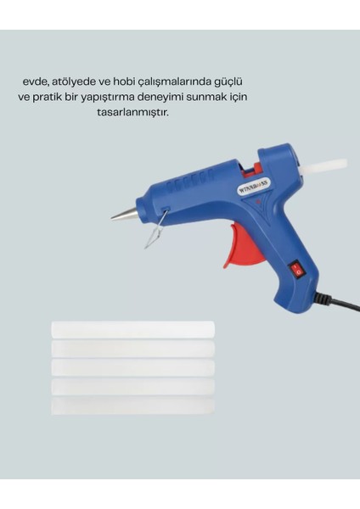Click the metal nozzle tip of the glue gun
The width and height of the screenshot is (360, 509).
pyautogui.click(x=123, y=215)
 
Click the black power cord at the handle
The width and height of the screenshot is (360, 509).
pyautogui.click(x=338, y=301)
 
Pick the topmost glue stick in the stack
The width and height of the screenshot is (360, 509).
pyautogui.click(x=133, y=329)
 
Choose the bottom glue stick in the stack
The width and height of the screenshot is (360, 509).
pyautogui.click(x=133, y=406)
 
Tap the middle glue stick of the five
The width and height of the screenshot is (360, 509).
pyautogui.click(x=133, y=368)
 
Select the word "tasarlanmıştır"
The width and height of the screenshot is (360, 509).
pyautogui.click(x=133, y=113)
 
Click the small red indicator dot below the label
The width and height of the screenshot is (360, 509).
pyautogui.click(x=258, y=202)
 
